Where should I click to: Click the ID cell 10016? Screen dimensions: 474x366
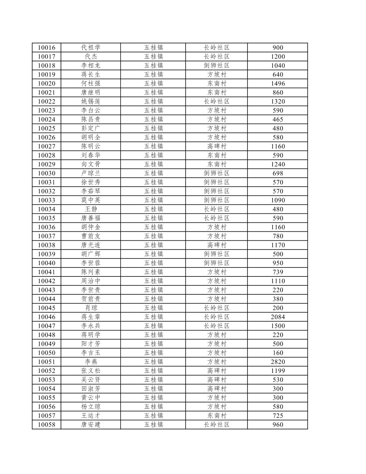[46, 48]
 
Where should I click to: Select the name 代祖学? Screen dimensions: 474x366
[90, 48]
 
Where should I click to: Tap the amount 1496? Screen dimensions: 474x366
[278, 84]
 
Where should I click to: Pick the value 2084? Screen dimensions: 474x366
[278, 317]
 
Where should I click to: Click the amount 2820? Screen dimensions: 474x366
[278, 362]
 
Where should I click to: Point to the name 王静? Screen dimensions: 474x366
[90, 209]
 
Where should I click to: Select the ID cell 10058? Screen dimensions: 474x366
[46, 425]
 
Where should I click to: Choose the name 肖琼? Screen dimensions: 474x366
[90, 308]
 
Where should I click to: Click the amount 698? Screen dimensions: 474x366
[278, 173]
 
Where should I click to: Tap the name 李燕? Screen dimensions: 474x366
[90, 362]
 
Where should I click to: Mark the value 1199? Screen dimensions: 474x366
[278, 371]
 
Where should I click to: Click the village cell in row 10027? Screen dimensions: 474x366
[217, 147]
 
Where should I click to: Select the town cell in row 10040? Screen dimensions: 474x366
[153, 263]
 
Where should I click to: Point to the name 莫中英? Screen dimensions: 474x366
[90, 200]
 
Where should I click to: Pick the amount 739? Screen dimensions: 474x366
[278, 272]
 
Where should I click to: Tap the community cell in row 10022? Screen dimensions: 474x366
[217, 101]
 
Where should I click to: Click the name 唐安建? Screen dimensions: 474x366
[90, 425]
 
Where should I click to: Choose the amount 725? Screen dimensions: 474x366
[278, 416]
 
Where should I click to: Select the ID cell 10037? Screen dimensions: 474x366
[46, 236]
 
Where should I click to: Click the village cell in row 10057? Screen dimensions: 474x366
[217, 416]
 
